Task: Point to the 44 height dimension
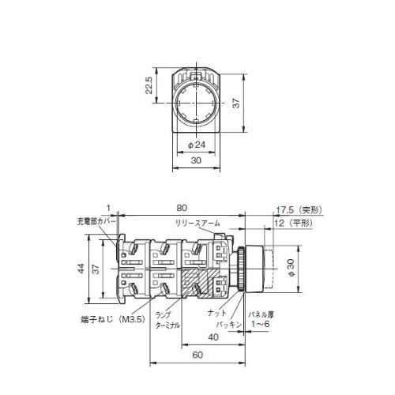[82, 269]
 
